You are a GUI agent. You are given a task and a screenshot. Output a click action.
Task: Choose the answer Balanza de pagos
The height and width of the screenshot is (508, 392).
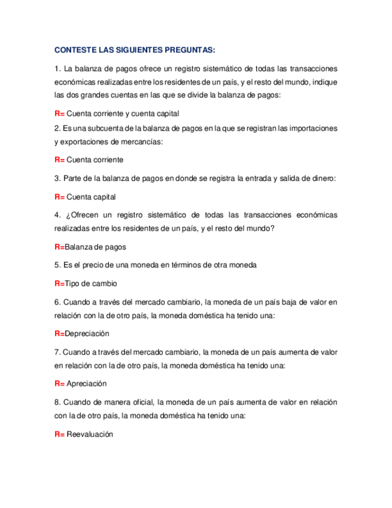pos(95,247)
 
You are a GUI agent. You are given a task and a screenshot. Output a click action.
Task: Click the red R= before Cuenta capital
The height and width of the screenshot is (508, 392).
pos(59,196)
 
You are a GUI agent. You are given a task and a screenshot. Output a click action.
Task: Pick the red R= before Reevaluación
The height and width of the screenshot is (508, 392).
pos(59,436)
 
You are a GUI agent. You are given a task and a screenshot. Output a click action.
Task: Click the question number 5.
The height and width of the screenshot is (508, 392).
pos(56,265)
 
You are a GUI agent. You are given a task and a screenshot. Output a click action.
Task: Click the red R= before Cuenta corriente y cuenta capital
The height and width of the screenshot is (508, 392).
pos(59,113)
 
